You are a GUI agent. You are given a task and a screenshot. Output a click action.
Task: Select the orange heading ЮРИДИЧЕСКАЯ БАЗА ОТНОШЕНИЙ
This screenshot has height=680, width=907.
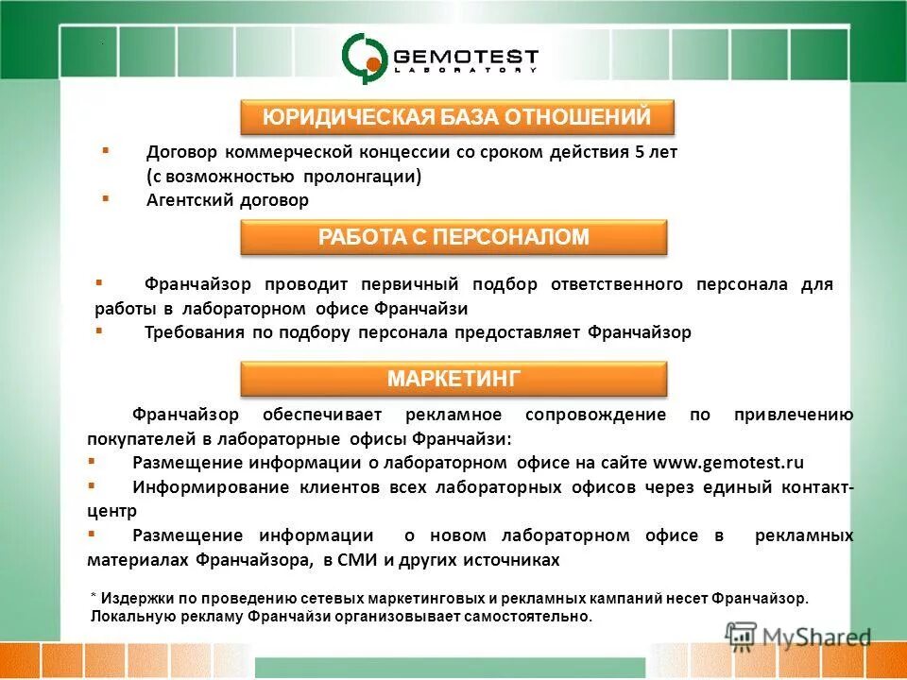[x=457, y=118]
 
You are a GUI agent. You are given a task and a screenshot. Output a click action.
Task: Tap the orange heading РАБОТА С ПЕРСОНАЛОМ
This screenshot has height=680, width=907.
[x=453, y=237]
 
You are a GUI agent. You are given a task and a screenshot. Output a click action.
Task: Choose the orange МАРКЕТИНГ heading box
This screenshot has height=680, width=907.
[x=453, y=380]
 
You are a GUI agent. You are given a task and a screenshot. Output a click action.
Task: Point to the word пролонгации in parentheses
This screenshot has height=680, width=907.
[x=362, y=177]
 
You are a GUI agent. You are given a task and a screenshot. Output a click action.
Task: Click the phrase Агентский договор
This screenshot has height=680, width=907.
[x=228, y=200]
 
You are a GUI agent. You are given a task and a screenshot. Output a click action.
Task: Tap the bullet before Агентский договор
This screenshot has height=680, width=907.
[x=105, y=198]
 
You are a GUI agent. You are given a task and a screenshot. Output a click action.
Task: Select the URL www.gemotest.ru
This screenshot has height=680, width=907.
[x=728, y=463]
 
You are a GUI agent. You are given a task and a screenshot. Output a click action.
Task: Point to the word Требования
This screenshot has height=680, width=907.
[x=194, y=332]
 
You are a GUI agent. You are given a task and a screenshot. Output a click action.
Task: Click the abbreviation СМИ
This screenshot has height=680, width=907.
[x=360, y=560]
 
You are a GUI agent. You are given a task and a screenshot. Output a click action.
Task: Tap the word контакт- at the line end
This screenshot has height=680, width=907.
[x=818, y=487]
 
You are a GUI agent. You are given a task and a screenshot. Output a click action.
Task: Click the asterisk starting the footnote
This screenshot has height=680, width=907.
[x=94, y=599]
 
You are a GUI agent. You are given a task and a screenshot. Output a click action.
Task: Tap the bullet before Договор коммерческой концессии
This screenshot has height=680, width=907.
[x=105, y=150]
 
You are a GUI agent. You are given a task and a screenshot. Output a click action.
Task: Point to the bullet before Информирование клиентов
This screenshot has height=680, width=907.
[x=91, y=485]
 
